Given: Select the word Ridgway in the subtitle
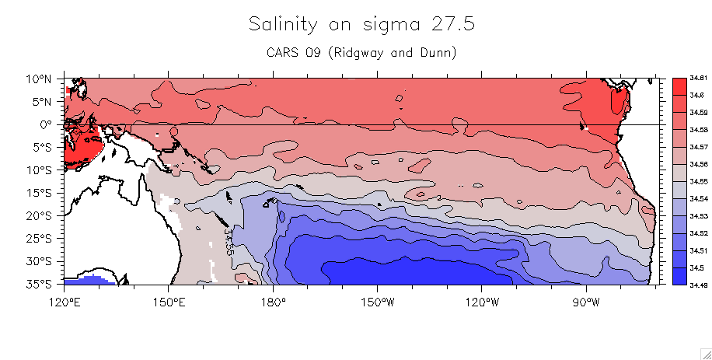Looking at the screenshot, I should click(349, 53).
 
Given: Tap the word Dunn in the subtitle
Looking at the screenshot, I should click(428, 53).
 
